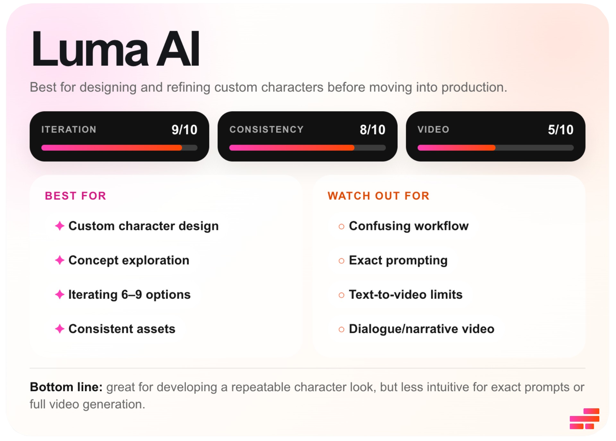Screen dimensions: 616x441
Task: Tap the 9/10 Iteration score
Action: (x=184, y=130)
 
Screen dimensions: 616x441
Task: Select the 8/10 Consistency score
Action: (x=372, y=130)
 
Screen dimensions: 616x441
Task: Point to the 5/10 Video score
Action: (x=560, y=130)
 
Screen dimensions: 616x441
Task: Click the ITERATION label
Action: (x=69, y=129)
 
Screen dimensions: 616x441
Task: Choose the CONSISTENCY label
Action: (x=266, y=129)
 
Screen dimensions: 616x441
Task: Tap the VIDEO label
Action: (x=433, y=129)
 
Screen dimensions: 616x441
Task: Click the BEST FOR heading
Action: (x=75, y=196)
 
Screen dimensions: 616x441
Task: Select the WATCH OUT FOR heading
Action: (x=378, y=196)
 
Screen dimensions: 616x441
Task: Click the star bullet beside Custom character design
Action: (x=60, y=226)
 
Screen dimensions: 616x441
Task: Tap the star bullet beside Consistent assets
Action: (x=60, y=329)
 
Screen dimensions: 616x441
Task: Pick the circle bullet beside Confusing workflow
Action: (x=341, y=226)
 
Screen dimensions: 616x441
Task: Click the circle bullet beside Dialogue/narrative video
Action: (x=341, y=329)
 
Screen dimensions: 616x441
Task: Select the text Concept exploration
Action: (x=129, y=260)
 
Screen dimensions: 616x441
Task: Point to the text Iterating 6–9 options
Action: (x=129, y=294)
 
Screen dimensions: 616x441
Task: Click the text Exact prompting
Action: (x=398, y=260)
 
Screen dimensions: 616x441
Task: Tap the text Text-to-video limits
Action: (x=406, y=294)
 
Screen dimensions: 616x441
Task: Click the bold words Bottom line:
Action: (x=66, y=387)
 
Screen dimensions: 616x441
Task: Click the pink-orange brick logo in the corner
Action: (x=584, y=419)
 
